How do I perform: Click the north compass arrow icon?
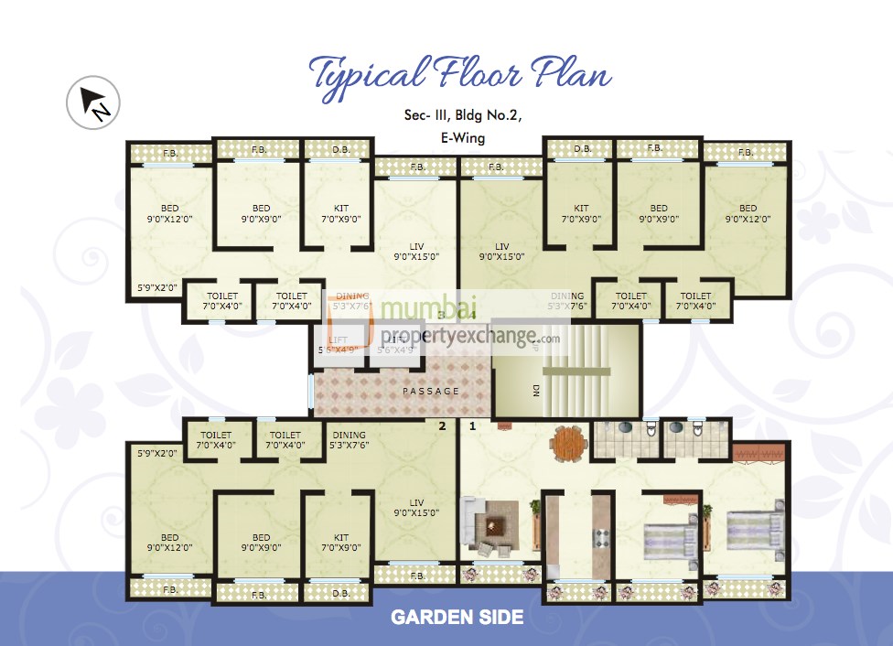94,102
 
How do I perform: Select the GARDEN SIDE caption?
457,618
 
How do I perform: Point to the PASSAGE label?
431,392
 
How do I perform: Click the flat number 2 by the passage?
442,426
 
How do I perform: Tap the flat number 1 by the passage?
473,426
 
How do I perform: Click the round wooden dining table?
569,443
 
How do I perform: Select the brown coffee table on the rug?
495,527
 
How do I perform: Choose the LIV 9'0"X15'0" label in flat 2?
415,508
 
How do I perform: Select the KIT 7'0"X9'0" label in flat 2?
340,543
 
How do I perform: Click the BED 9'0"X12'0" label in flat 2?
169,543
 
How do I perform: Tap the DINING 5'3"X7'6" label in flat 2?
349,440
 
